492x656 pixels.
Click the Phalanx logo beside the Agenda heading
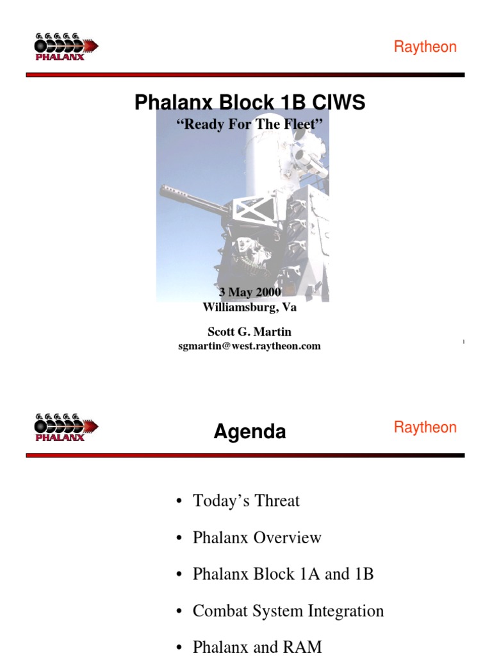[x=65, y=427]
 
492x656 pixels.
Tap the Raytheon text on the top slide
[x=425, y=47]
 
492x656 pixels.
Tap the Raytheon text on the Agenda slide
[x=425, y=427]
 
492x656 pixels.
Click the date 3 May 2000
[x=250, y=293]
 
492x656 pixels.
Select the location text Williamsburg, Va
[x=250, y=307]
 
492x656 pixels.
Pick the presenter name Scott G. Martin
[x=250, y=331]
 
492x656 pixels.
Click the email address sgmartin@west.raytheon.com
[x=250, y=346]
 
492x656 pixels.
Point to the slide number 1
[x=463, y=343]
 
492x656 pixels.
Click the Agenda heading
[x=250, y=432]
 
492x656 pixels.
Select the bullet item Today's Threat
[x=246, y=500]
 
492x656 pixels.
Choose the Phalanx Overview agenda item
[x=257, y=537]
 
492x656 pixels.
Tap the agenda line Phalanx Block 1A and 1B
[x=283, y=573]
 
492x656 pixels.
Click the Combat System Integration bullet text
[x=288, y=611]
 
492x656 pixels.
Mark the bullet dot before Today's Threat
[x=181, y=502]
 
